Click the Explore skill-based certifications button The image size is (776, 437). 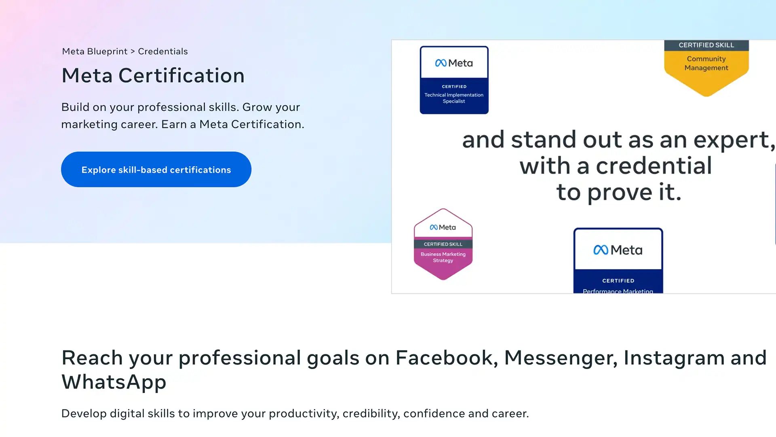click(156, 170)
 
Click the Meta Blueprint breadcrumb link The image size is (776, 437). click(95, 51)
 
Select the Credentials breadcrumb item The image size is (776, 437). click(163, 51)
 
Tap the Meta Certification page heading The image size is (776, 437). click(153, 76)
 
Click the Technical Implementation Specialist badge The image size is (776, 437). click(454, 80)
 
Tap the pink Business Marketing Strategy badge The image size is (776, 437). click(443, 244)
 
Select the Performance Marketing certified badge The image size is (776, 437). click(618, 261)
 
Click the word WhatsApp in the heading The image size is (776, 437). click(114, 382)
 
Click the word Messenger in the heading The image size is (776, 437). click(561, 358)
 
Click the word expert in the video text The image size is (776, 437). click(734, 140)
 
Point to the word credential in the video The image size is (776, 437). click(654, 166)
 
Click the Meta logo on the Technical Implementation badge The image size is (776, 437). click(454, 63)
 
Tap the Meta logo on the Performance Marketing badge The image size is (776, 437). click(618, 250)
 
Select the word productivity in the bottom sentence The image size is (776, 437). click(304, 414)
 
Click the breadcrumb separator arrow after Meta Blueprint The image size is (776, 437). click(133, 52)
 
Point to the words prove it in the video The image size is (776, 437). click(634, 192)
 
